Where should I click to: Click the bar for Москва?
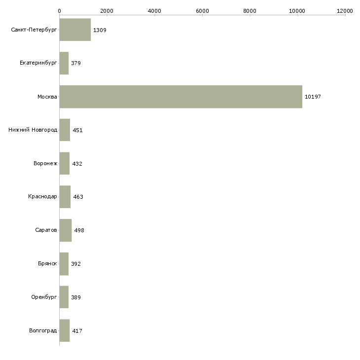point(180,97)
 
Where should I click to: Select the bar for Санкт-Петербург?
point(75,30)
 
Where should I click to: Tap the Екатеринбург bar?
point(64,63)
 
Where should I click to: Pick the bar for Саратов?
point(66,230)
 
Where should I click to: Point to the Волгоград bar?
point(65,330)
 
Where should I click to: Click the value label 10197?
point(313,97)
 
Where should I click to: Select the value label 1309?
point(100,30)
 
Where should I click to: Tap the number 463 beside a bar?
point(78,197)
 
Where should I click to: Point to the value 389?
point(75,297)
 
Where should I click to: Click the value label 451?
point(77,130)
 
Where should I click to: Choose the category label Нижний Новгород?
point(33,130)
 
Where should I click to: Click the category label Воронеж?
point(45,164)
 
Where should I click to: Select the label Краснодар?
point(42,197)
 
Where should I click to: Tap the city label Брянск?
point(47,264)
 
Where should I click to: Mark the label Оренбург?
point(44,297)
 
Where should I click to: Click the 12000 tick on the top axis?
point(345,10)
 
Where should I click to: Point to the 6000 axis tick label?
point(202,10)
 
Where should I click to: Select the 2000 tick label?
point(107,10)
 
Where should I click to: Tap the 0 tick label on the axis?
point(60,10)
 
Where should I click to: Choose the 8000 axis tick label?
point(250,10)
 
